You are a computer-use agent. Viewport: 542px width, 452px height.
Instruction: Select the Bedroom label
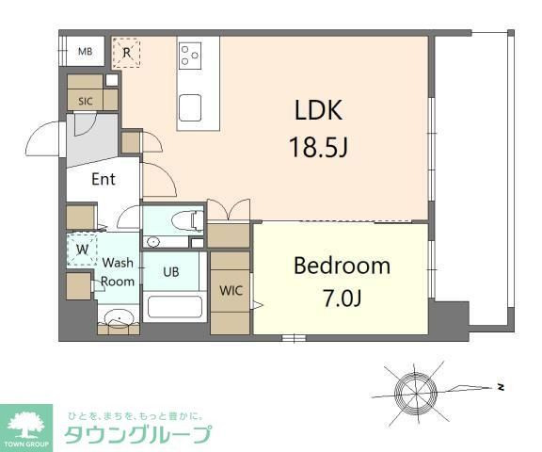click(341, 266)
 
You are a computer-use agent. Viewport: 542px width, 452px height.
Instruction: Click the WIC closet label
click(231, 291)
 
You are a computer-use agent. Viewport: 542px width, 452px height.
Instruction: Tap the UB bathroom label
click(171, 273)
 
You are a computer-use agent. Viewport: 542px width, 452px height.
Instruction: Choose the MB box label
click(85, 52)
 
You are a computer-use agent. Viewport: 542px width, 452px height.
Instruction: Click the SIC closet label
click(86, 101)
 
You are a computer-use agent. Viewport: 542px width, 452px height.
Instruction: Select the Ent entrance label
click(104, 179)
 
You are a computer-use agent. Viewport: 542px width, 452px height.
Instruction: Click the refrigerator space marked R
click(126, 53)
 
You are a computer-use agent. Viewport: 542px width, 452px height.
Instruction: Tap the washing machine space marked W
click(82, 250)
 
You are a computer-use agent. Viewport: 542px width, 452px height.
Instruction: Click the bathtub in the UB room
click(175, 307)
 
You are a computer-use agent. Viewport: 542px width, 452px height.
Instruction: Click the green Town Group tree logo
click(27, 426)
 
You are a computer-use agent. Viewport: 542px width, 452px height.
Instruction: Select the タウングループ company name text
click(136, 434)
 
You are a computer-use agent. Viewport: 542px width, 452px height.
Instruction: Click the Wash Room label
click(119, 272)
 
